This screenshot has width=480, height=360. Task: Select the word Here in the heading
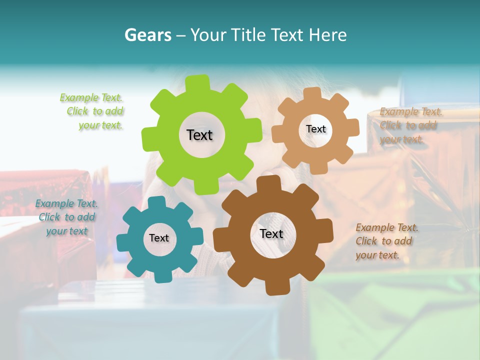click(328, 35)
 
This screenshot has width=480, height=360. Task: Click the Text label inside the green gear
click(199, 135)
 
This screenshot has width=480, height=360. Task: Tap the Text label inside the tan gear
click(315, 129)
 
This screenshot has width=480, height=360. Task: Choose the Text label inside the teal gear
click(159, 238)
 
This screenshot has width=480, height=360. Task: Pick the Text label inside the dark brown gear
click(271, 234)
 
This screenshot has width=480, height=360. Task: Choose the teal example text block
click(66, 217)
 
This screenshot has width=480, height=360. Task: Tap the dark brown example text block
click(386, 241)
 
